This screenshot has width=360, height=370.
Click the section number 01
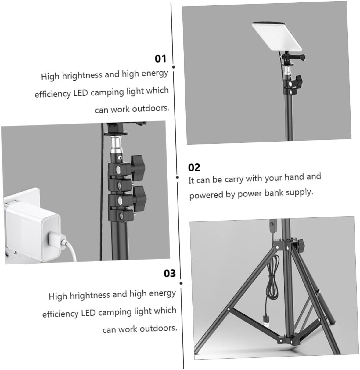[x=160, y=58]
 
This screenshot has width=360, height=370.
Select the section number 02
[x=194, y=167]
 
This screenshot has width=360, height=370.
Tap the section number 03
[x=170, y=273]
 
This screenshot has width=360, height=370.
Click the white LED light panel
[x=277, y=36]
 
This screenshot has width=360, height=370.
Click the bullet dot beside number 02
[x=177, y=177]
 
